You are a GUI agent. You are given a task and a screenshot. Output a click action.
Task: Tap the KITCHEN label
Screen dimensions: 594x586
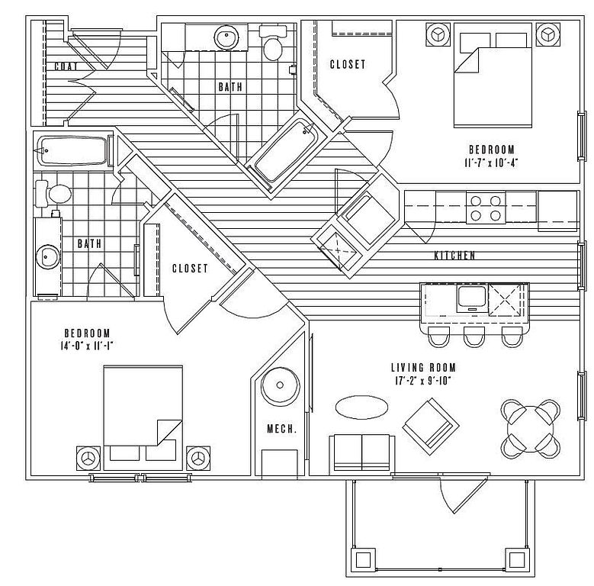pyautogui.click(x=455, y=256)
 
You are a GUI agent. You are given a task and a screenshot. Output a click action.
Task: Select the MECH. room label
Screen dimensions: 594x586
pyautogui.click(x=281, y=430)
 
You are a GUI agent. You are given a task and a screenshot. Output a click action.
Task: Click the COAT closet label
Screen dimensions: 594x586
pyautogui.click(x=67, y=66)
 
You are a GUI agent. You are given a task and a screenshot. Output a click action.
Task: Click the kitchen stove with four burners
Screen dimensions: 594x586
pyautogui.click(x=486, y=208)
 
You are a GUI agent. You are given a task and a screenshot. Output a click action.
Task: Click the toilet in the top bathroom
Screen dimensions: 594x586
pyautogui.click(x=272, y=47)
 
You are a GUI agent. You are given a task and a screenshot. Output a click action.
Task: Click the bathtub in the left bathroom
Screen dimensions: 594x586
pyautogui.click(x=73, y=151)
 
